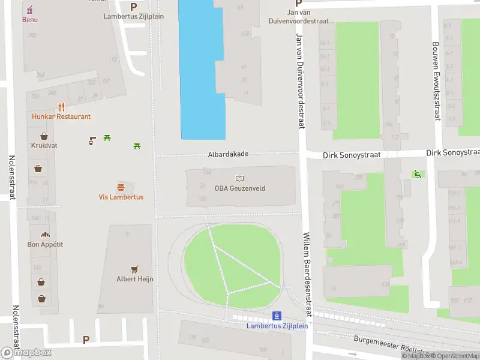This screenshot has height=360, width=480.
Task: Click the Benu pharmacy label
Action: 30,19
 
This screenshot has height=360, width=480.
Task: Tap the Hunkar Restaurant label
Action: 61,116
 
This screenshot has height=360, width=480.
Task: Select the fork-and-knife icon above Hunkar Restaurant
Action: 61,107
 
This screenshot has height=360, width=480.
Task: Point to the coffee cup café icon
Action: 92,141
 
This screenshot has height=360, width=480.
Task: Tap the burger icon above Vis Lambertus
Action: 121,187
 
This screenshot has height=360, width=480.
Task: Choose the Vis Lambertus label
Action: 121,197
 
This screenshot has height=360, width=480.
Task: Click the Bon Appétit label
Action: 45,244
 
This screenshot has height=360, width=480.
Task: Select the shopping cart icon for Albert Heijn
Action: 135,269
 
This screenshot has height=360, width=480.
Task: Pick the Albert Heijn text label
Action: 135,279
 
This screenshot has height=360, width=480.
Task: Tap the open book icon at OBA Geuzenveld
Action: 240,178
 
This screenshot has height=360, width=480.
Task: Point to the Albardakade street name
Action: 228,154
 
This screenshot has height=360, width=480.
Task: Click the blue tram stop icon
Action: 277,316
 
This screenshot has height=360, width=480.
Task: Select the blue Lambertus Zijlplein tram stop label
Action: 277,326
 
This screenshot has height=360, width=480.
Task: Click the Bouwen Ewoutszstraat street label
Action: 437,81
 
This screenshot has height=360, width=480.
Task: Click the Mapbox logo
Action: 26,353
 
